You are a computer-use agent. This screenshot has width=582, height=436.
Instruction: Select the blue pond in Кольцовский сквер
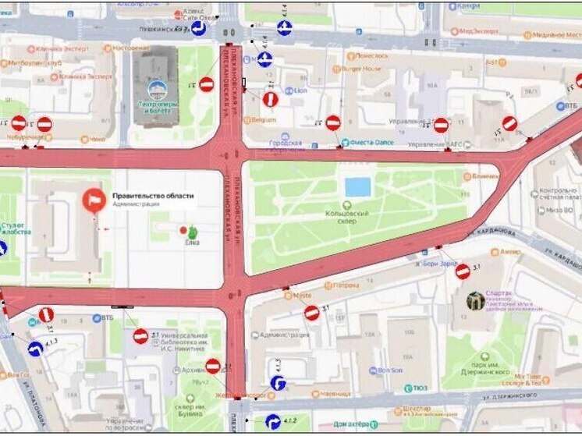(x=357, y=187)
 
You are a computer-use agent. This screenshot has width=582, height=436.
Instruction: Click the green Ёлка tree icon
(x=192, y=232)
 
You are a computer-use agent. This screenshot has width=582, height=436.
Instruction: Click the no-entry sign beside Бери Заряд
(x=462, y=271)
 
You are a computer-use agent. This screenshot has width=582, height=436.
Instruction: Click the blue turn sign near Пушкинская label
(x=199, y=30)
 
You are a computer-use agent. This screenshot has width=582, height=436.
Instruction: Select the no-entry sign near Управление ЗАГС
(x=441, y=125)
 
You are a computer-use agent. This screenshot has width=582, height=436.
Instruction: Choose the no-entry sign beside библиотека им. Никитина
(x=140, y=335)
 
